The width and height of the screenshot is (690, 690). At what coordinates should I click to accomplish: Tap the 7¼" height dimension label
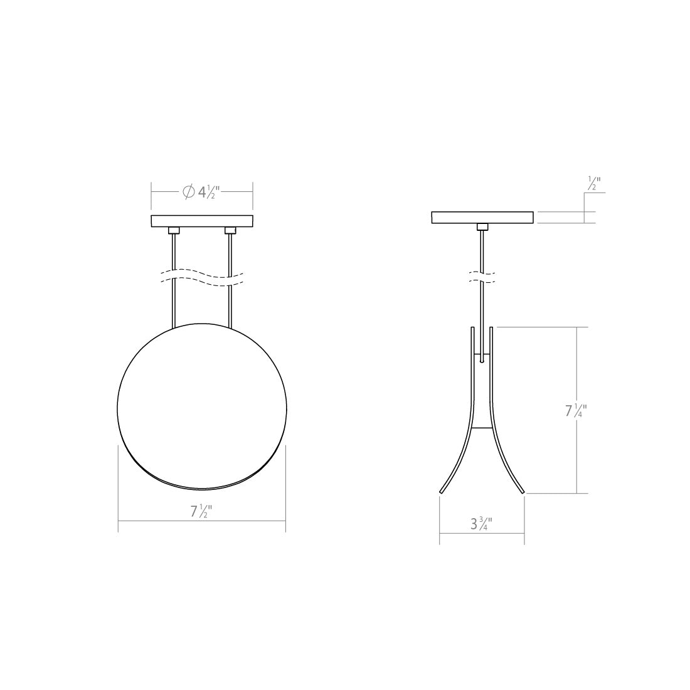coord(576,411)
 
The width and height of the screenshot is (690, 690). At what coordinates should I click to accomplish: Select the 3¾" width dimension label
coord(481,524)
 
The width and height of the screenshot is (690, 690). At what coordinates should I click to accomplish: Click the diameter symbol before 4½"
coord(188,192)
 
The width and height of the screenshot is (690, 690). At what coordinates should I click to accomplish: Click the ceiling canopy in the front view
coord(201,221)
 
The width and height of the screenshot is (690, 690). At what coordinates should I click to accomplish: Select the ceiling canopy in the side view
coord(482,217)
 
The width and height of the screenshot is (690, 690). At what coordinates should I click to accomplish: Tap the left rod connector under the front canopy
coord(173,230)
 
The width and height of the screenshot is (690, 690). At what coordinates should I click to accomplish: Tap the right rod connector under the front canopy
coord(230,230)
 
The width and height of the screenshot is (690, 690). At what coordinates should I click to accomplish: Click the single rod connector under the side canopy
coord(482,226)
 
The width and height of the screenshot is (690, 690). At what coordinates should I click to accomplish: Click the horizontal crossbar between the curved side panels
coord(482,428)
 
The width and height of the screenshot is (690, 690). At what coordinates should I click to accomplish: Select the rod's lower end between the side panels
coord(482,359)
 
